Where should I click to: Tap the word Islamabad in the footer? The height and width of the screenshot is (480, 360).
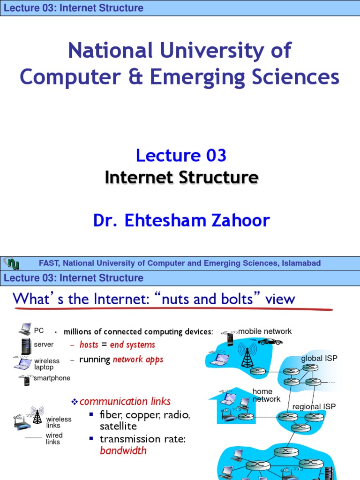click(x=301, y=263)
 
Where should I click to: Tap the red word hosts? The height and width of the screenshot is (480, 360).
click(x=89, y=345)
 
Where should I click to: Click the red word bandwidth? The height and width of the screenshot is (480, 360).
click(x=123, y=451)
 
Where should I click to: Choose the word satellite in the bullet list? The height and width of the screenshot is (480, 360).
click(x=118, y=427)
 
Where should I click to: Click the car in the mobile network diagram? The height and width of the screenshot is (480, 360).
click(x=271, y=341)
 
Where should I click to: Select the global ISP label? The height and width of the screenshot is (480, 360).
click(x=319, y=359)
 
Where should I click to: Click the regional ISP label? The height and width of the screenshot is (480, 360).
click(x=314, y=406)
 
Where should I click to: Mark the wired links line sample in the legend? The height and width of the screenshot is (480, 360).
click(x=33, y=437)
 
